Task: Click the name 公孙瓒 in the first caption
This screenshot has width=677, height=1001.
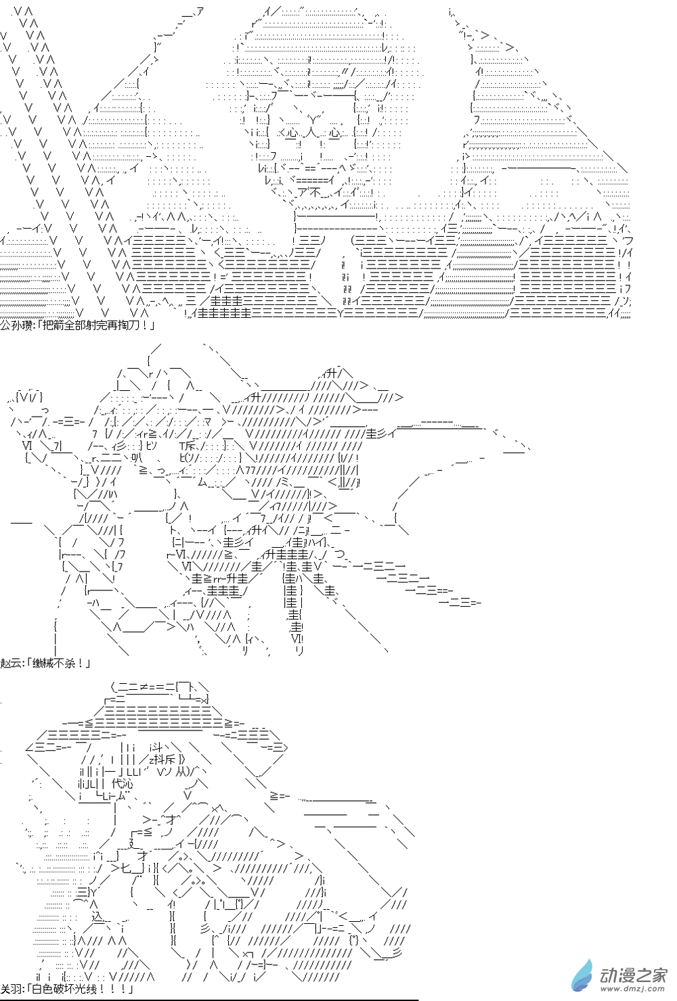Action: (x=17, y=325)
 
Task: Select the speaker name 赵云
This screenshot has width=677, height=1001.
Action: (x=12, y=663)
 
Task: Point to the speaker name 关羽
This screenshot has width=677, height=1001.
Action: (x=12, y=989)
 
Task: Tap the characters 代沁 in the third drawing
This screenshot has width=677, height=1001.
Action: (x=122, y=784)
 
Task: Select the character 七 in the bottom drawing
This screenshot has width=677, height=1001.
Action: (x=127, y=868)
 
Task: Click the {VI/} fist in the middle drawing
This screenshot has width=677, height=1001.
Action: (x=29, y=396)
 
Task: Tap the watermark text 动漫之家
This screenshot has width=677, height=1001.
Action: (x=633, y=975)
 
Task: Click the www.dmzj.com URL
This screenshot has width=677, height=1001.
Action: (x=633, y=990)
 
